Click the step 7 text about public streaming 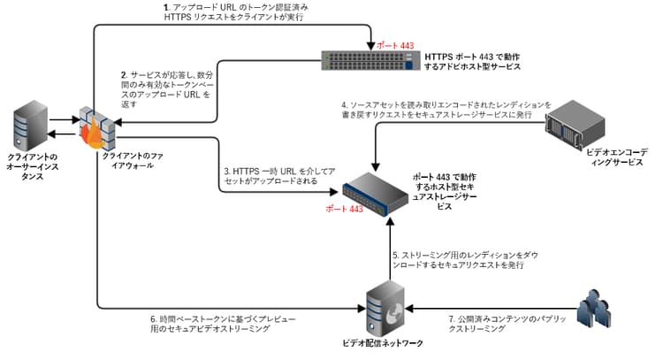(499, 323)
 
